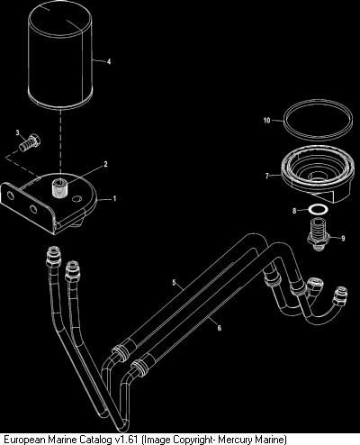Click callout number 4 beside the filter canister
(109, 61)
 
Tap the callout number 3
(18, 132)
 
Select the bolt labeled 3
(30, 142)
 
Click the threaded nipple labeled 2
(59, 187)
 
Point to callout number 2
(105, 164)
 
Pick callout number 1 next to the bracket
(114, 198)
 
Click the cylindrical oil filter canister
(60, 56)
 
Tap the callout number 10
(266, 121)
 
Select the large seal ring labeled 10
(318, 120)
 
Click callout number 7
(267, 176)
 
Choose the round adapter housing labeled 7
(317, 174)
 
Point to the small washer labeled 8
(319, 209)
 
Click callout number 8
(294, 211)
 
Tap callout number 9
(343, 239)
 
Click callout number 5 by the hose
(174, 282)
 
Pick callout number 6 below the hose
(219, 328)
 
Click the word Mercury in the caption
(234, 440)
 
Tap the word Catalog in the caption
(96, 440)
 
